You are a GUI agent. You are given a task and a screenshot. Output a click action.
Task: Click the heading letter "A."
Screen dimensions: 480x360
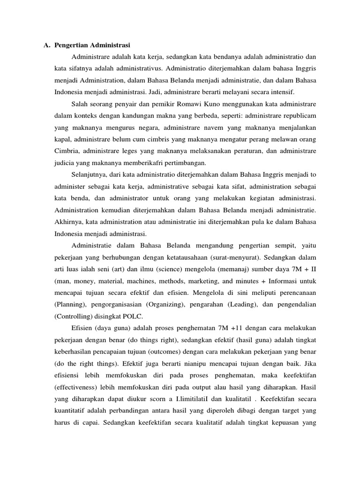[x=46, y=45]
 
